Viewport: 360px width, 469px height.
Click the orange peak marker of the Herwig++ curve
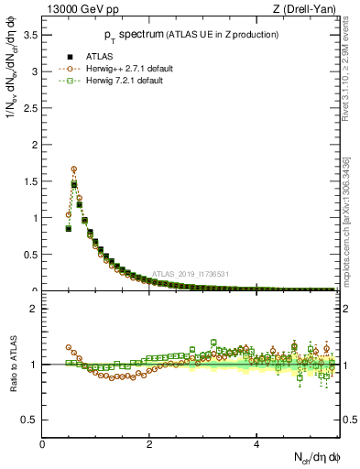pyautogui.click(x=73, y=169)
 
